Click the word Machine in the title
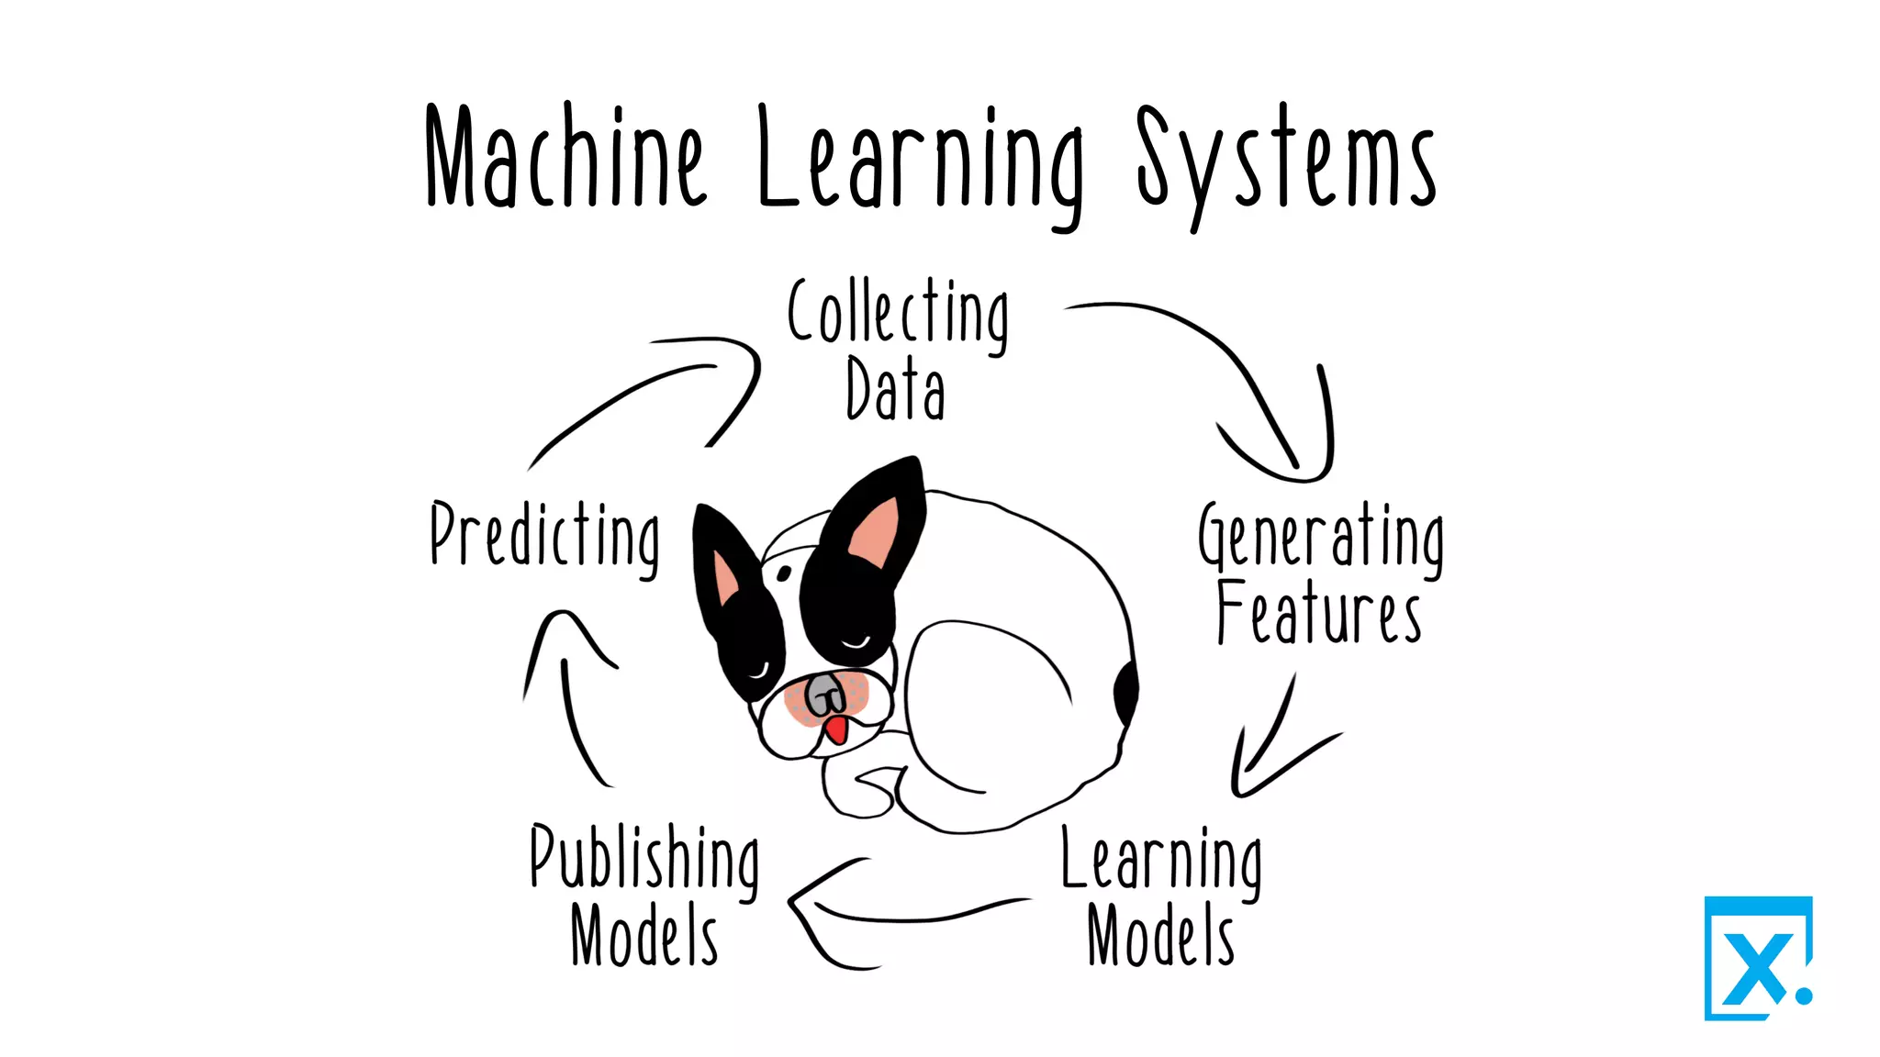[x=564, y=158]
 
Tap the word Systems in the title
[x=1285, y=161]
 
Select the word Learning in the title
[x=921, y=161]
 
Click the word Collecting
[x=898, y=314]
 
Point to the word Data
[x=895, y=390]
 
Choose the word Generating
[x=1320, y=539]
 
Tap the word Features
[x=1318, y=613]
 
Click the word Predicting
[x=545, y=537]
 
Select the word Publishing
[x=644, y=859]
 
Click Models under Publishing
[x=643, y=936]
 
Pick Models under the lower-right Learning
[x=1160, y=936]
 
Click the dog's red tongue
[x=836, y=730]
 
